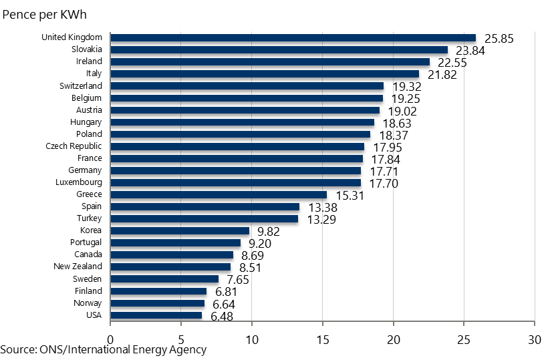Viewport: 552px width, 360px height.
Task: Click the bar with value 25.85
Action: [293, 38]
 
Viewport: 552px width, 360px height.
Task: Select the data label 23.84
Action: [470, 51]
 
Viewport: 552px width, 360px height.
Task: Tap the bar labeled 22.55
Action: [270, 62]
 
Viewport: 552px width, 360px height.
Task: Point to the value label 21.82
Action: [442, 75]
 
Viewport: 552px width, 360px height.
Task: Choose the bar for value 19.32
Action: [247, 86]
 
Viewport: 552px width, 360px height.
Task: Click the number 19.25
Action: [406, 99]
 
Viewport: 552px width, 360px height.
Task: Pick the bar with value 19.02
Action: [245, 110]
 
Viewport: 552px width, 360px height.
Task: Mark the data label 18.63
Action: [397, 124]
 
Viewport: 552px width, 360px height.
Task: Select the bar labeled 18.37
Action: [240, 134]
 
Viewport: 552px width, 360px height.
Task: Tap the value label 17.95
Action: [387, 148]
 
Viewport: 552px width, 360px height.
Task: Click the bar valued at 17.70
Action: [235, 183]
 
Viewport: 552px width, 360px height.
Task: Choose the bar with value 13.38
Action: [204, 207]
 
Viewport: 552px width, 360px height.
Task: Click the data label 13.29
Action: [321, 220]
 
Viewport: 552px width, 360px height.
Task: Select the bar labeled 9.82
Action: [180, 231]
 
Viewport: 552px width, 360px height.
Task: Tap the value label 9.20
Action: [259, 244]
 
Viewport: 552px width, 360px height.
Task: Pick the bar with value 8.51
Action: [170, 267]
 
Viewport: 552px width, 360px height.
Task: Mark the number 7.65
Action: [238, 280]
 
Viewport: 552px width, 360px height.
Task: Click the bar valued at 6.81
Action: [158, 291]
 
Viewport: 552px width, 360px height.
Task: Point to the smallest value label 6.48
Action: [222, 317]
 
